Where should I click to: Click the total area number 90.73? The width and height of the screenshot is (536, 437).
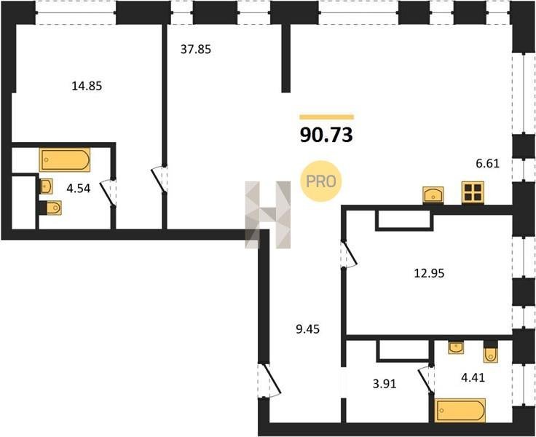pyautogui.click(x=326, y=135)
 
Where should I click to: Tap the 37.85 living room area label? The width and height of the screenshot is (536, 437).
pyautogui.click(x=195, y=50)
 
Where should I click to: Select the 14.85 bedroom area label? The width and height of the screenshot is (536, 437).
pyautogui.click(x=87, y=86)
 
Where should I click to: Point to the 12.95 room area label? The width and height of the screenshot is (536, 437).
pyautogui.click(x=430, y=273)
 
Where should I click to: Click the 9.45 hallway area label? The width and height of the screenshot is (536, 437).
pyautogui.click(x=307, y=329)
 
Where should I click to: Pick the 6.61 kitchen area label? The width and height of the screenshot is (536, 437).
pyautogui.click(x=488, y=164)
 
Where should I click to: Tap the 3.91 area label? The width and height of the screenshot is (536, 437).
pyautogui.click(x=385, y=384)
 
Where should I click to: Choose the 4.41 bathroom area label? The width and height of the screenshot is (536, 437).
pyautogui.click(x=473, y=378)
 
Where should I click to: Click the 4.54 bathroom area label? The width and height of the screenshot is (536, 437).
pyautogui.click(x=78, y=189)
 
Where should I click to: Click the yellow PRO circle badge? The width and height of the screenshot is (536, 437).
pyautogui.click(x=320, y=181)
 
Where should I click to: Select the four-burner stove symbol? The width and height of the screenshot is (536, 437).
pyautogui.click(x=473, y=193)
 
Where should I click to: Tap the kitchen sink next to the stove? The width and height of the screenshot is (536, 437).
pyautogui.click(x=433, y=195)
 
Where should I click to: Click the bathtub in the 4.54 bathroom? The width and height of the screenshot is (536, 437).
pyautogui.click(x=65, y=160)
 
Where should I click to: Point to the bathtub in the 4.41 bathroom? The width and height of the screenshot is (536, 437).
pyautogui.click(x=460, y=411)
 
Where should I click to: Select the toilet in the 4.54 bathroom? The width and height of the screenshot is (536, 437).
pyautogui.click(x=51, y=208)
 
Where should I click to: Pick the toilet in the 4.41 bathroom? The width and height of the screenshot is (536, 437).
pyautogui.click(x=490, y=353)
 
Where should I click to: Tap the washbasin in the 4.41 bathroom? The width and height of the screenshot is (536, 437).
pyautogui.click(x=456, y=347)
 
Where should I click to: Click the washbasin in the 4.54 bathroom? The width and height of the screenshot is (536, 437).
pyautogui.click(x=46, y=186)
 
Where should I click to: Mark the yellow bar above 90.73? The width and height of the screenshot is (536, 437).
pyautogui.click(x=327, y=117)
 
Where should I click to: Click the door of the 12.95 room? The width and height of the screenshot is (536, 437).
pyautogui.click(x=349, y=253)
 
